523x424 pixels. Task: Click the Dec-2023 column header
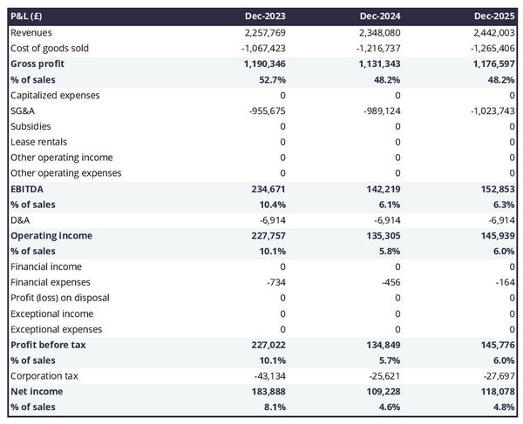[x=266, y=17]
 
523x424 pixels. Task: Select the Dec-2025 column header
[x=494, y=17]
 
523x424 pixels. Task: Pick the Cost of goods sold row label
[x=50, y=48]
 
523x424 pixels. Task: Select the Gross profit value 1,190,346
[x=260, y=64]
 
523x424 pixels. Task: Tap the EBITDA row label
[x=28, y=189]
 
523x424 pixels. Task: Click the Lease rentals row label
[x=39, y=142]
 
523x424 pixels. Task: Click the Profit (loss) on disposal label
[x=60, y=298]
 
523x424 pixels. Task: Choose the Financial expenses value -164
[x=503, y=282]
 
